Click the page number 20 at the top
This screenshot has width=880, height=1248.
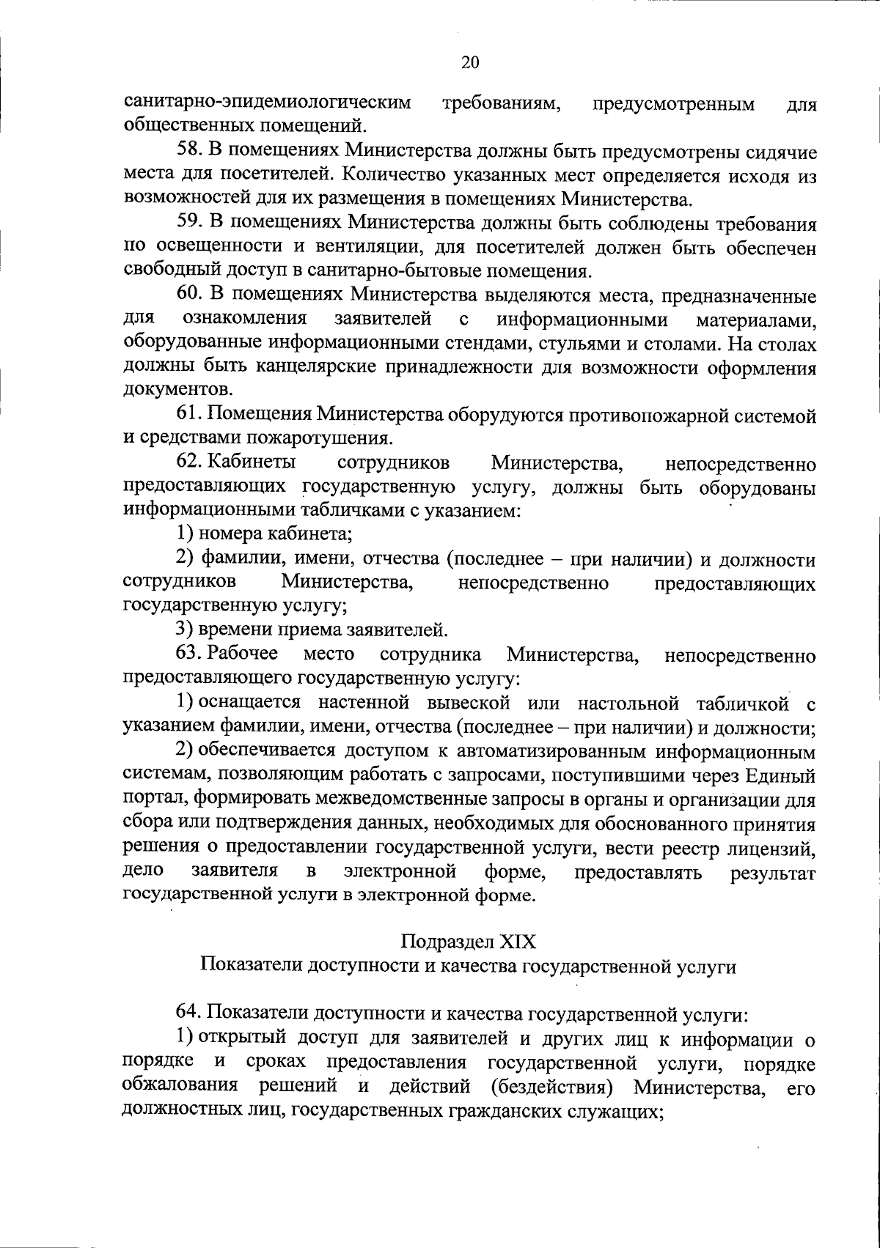pyautogui.click(x=470, y=62)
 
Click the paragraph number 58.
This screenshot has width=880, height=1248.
pyautogui.click(x=189, y=152)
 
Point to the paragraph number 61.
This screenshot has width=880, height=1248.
pyautogui.click(x=189, y=416)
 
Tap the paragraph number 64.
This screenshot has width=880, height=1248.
pyautogui.click(x=189, y=1014)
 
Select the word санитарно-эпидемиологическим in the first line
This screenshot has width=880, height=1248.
pyautogui.click(x=267, y=103)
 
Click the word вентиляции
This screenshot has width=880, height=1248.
pyautogui.click(x=362, y=248)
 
